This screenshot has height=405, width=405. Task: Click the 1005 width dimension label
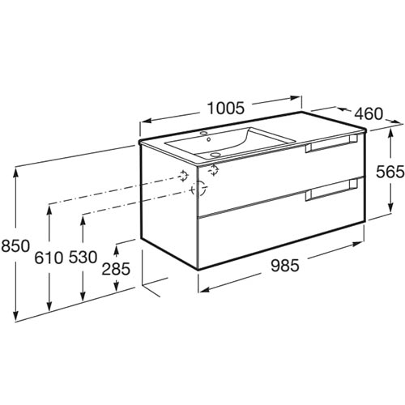(226, 109)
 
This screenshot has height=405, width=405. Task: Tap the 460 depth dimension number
(369, 113)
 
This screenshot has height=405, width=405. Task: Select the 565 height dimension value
(390, 172)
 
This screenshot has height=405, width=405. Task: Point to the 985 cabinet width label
(285, 266)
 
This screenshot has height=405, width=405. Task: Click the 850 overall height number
(15, 246)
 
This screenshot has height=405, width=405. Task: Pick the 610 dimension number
(49, 258)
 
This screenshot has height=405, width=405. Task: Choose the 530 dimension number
(83, 257)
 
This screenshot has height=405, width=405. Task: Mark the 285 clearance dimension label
(116, 269)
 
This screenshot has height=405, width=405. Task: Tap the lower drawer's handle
(331, 190)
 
